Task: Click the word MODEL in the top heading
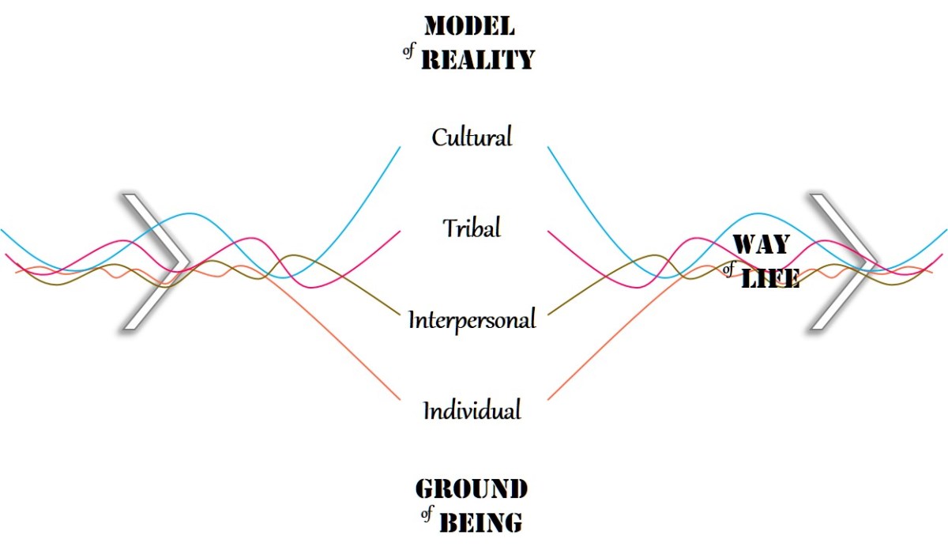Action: [x=469, y=26]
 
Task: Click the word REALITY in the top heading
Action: [x=478, y=59]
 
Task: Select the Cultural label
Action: [x=472, y=138]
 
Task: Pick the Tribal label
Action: [x=472, y=228]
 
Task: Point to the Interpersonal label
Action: [x=472, y=320]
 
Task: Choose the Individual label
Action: [x=472, y=411]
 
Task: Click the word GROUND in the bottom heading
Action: [x=471, y=489]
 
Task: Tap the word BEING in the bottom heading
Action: [x=480, y=522]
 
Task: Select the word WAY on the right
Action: [x=762, y=244]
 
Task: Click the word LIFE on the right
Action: [x=770, y=278]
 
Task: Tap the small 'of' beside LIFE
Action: [x=728, y=270]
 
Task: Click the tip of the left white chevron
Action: [x=190, y=260]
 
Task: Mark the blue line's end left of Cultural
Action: [x=400, y=146]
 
